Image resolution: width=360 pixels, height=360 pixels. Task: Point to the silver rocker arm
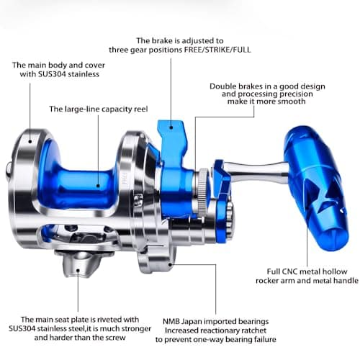point(256,172)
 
